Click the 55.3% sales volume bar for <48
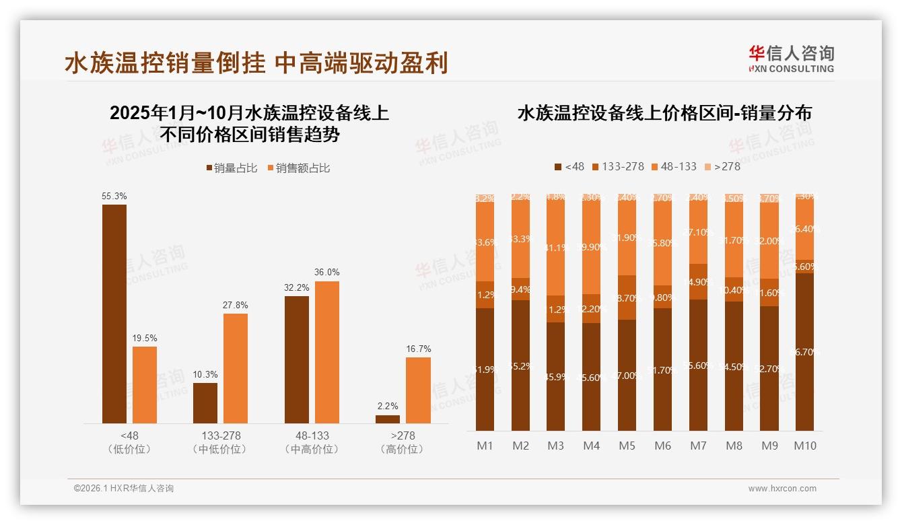click(x=114, y=314)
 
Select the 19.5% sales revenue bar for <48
click(x=145, y=385)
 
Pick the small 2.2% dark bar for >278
click(x=388, y=419)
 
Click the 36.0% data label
click(x=327, y=273)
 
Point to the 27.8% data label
click(x=236, y=305)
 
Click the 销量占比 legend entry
click(x=232, y=168)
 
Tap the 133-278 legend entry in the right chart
click(x=617, y=166)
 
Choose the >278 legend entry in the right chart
click(x=722, y=166)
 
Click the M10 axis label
click(x=804, y=446)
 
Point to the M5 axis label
click(x=627, y=446)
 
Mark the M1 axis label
click(x=485, y=446)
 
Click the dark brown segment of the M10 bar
click(x=804, y=351)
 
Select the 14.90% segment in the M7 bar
click(x=698, y=282)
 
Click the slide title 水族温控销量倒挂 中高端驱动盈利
click(x=256, y=63)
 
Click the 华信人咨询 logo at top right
click(x=791, y=59)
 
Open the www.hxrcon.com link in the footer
click(x=782, y=489)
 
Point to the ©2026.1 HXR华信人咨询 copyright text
click(x=124, y=489)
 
